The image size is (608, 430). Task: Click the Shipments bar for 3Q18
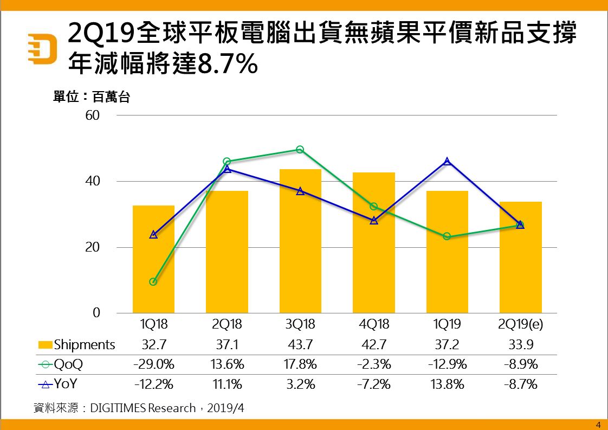click(300, 241)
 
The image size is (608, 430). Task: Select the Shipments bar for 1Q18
click(153, 259)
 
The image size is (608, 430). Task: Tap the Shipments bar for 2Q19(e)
click(520, 258)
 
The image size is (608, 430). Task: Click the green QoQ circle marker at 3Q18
click(300, 150)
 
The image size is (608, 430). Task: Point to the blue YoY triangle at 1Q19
click(447, 161)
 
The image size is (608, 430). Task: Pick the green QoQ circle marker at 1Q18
click(153, 282)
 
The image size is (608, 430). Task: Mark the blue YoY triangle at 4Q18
click(374, 221)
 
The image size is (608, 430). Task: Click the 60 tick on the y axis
click(93, 115)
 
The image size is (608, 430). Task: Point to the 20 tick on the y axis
click(93, 247)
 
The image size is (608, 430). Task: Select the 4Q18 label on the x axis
click(374, 325)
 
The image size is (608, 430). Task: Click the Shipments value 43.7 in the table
click(300, 345)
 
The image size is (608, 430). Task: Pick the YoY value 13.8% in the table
click(447, 384)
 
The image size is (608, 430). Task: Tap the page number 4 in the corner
click(598, 425)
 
